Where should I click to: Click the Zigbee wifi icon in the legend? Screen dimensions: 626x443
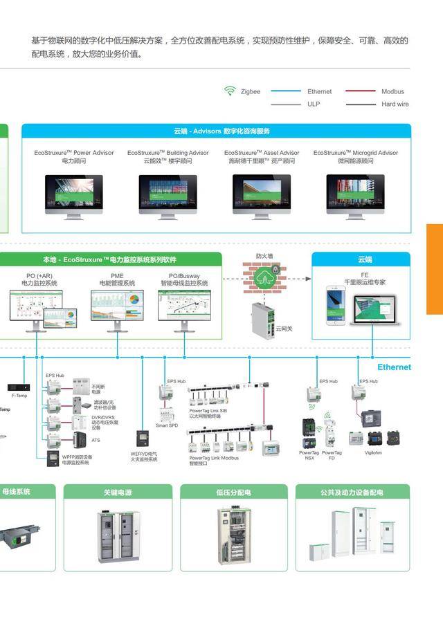click(230, 91)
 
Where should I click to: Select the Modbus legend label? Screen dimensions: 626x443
click(392, 91)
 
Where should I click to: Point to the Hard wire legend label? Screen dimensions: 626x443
click(395, 104)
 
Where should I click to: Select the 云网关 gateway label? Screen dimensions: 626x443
click(284, 329)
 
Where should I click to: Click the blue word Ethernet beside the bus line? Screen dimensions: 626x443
click(394, 367)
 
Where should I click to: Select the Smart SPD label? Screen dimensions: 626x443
click(167, 425)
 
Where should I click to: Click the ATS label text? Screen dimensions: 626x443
click(96, 440)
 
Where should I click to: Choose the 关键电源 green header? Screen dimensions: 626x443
click(118, 492)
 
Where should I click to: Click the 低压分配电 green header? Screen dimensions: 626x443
click(233, 492)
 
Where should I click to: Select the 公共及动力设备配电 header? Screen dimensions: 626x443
click(352, 492)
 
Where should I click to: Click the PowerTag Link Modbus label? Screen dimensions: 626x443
click(215, 458)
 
